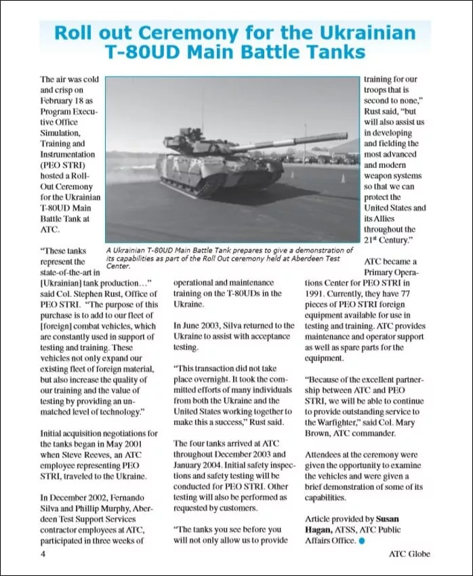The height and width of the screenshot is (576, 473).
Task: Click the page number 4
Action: click(x=43, y=554)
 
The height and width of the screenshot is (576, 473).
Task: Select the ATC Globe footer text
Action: click(x=409, y=554)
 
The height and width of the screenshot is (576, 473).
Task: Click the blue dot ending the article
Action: click(x=362, y=541)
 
